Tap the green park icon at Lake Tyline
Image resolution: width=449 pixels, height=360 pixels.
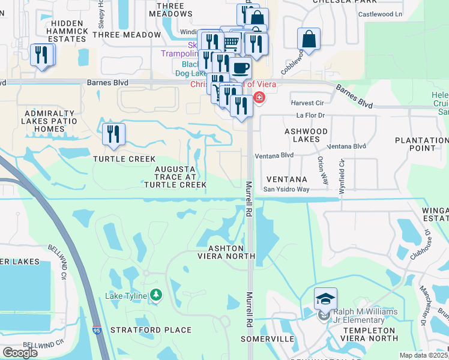(156, 295)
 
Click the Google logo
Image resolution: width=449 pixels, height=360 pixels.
(20, 353)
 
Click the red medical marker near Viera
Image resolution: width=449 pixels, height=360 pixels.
(259, 97)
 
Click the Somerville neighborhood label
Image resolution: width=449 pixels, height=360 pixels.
(267, 339)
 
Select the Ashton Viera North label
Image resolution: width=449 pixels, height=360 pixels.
(226, 252)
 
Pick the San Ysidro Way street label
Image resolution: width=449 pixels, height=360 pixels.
(287, 190)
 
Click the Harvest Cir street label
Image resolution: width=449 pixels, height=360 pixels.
(307, 102)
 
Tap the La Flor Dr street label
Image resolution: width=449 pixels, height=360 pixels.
(310, 115)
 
